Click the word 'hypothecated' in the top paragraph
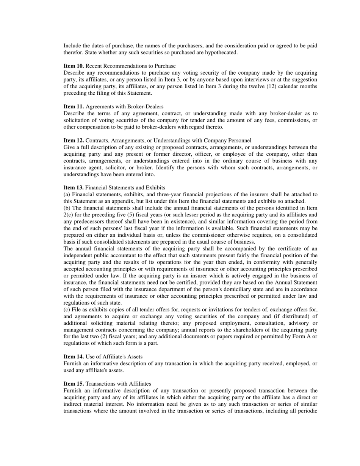pos(221,53)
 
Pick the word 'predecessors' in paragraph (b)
pos(89,222)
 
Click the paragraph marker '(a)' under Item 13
pos(67,194)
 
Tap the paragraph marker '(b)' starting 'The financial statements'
pos(67,208)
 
